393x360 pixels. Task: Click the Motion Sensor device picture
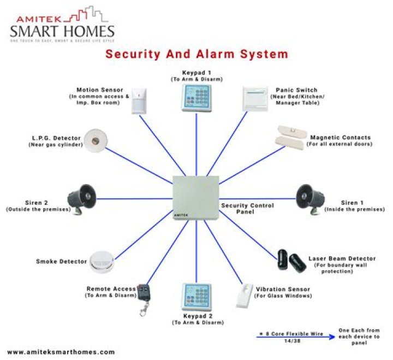(x=140, y=100)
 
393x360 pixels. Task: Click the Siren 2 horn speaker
(x=84, y=197)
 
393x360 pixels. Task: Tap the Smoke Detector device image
(x=102, y=262)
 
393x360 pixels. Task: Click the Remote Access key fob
(x=144, y=298)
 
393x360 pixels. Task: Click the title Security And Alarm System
(x=196, y=54)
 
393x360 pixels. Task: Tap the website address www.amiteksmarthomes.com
(x=61, y=352)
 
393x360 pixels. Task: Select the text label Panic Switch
(x=298, y=89)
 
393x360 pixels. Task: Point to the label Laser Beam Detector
(x=342, y=258)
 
